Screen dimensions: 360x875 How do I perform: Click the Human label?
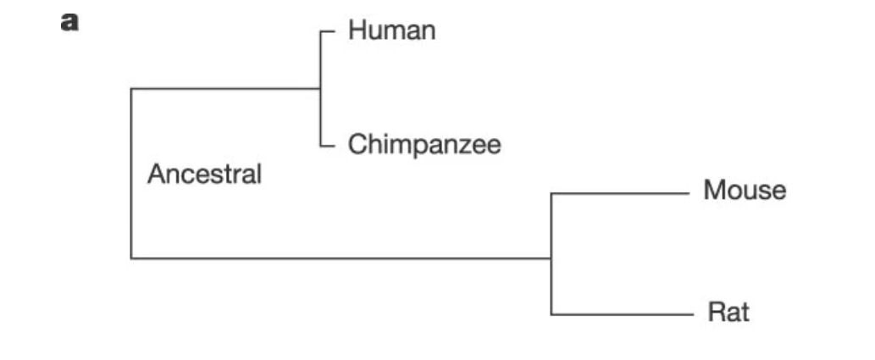pyautogui.click(x=391, y=31)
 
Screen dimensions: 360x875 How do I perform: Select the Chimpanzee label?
pyautogui.click(x=424, y=144)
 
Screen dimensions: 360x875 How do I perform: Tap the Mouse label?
pyautogui.click(x=744, y=191)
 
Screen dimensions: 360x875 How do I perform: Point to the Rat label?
pyautogui.click(x=728, y=313)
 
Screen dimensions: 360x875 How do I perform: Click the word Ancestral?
pyautogui.click(x=204, y=175)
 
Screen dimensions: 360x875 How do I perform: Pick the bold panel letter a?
pyautogui.click(x=69, y=23)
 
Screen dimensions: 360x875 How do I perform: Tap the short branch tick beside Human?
pyautogui.click(x=329, y=32)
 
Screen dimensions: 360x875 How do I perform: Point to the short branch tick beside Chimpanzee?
pyautogui.click(x=329, y=145)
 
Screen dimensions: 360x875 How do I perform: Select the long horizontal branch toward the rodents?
pyautogui.click(x=339, y=258)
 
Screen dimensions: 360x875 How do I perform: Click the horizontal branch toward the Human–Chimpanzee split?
pyautogui.click(x=224, y=88)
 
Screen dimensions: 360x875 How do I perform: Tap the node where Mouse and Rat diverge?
pyautogui.click(x=551, y=258)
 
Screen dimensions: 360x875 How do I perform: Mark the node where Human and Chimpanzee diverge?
pyautogui.click(x=320, y=88)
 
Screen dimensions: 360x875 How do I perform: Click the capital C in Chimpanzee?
pyautogui.click(x=357, y=144)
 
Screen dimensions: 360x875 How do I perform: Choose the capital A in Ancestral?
pyautogui.click(x=155, y=175)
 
